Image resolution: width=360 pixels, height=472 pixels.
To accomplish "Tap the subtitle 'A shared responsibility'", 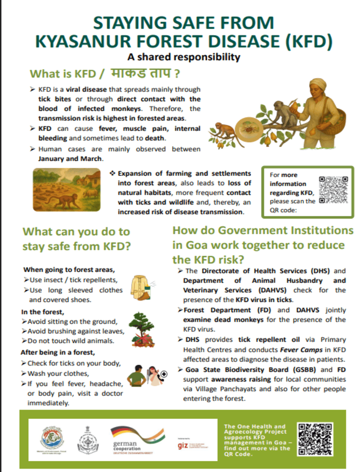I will click(x=183, y=57).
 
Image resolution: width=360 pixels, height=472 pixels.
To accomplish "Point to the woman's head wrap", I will click(x=319, y=84).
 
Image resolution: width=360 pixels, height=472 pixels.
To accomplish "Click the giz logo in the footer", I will click(x=184, y=445).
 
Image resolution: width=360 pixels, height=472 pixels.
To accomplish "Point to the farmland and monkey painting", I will click(x=67, y=189).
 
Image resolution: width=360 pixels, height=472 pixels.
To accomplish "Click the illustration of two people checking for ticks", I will click(x=147, y=374).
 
